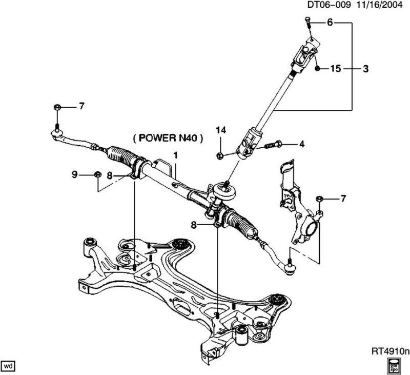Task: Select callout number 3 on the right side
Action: tap(365, 68)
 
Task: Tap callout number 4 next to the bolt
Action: tap(302, 144)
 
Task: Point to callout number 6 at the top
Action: tap(330, 23)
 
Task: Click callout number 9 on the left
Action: tap(75, 175)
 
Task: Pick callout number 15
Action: tap(336, 68)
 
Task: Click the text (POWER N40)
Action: tap(168, 137)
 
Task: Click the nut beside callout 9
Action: tap(96, 175)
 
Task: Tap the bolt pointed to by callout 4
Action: tap(271, 145)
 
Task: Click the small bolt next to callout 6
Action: tap(308, 21)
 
